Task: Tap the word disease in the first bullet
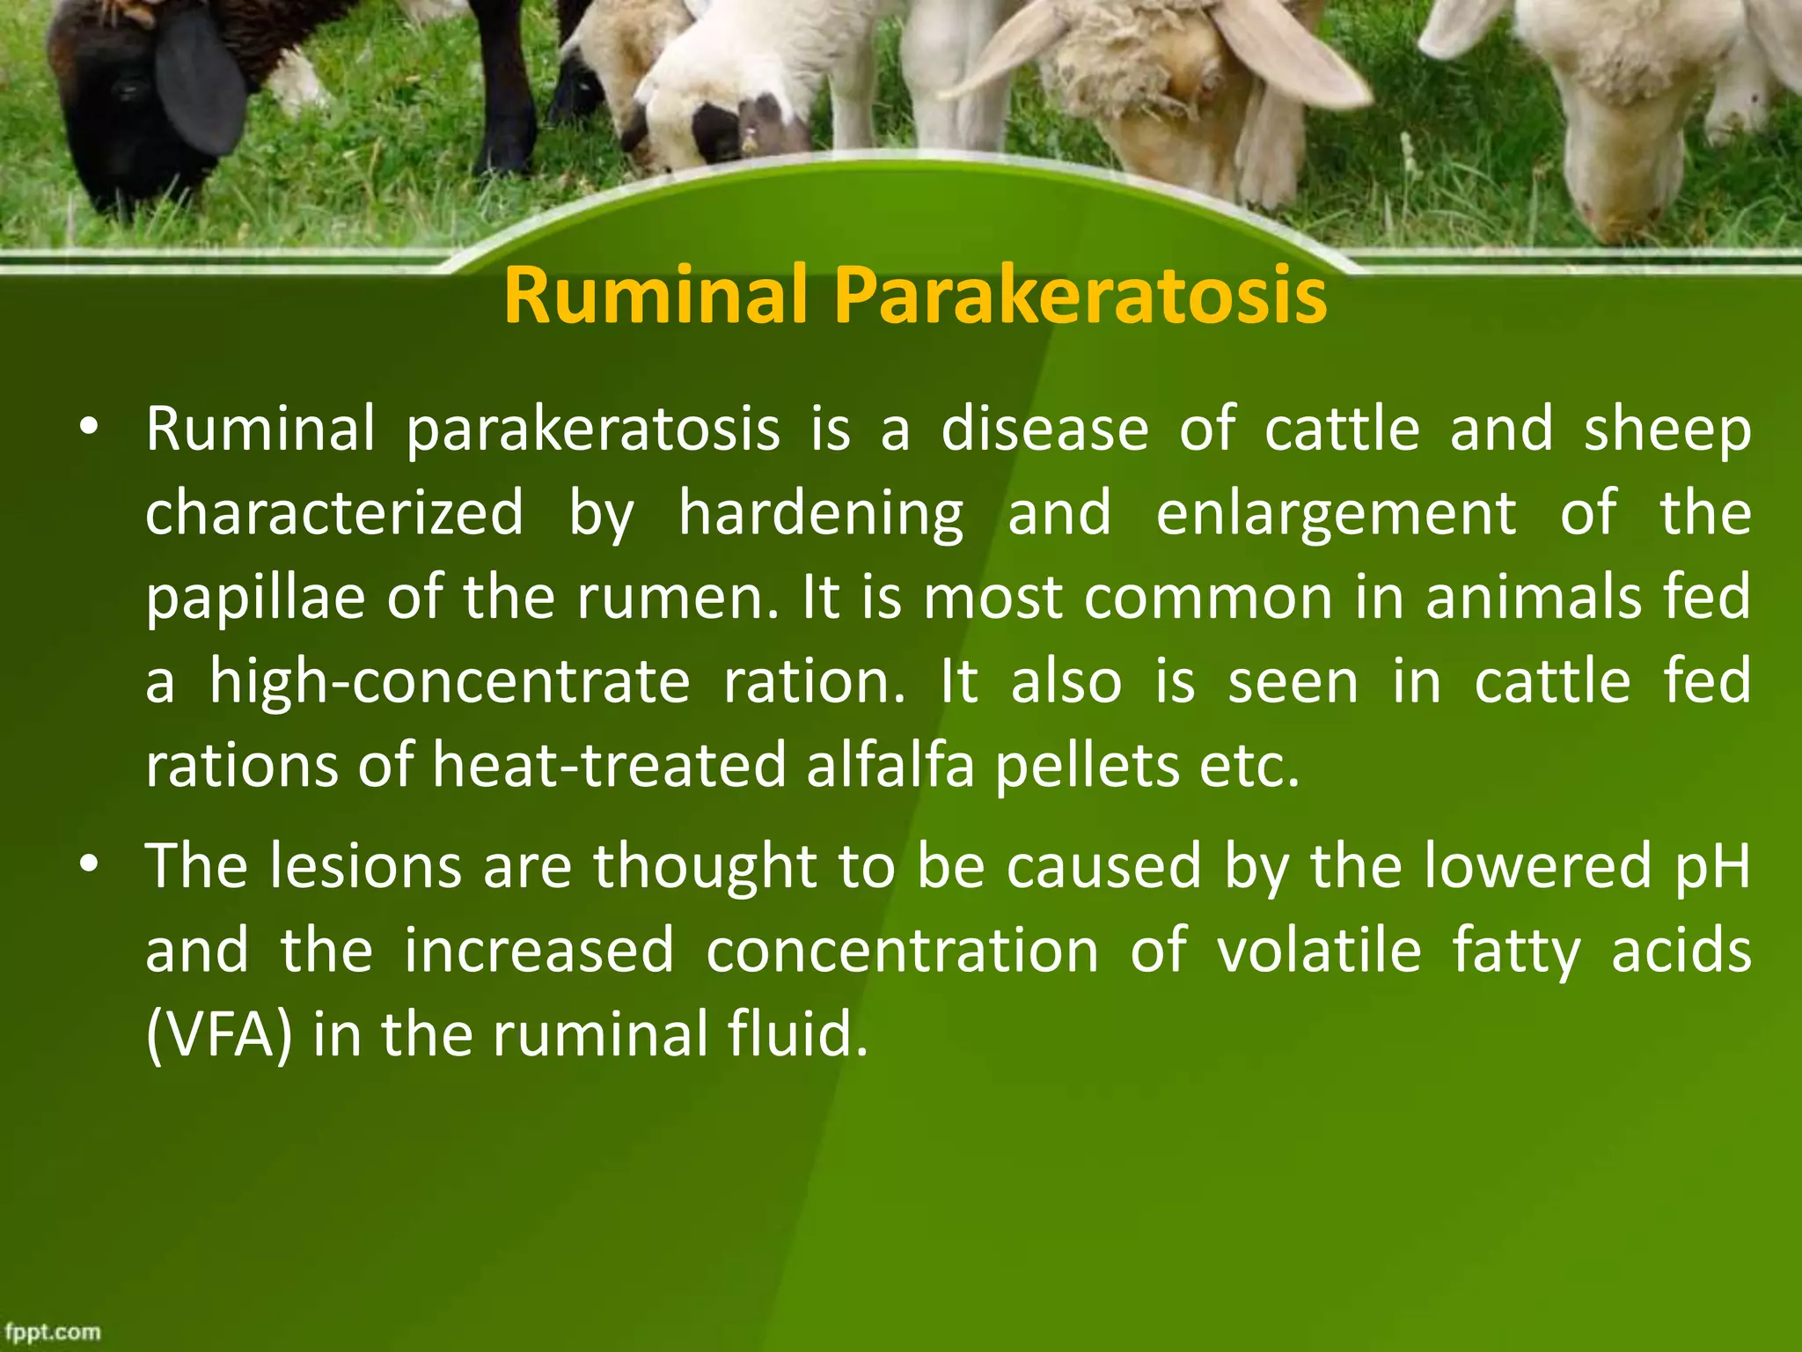click(1044, 430)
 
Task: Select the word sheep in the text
click(1667, 431)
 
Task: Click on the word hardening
click(821, 516)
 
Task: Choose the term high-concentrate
click(450, 683)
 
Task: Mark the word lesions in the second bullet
click(365, 866)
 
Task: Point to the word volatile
click(1319, 951)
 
